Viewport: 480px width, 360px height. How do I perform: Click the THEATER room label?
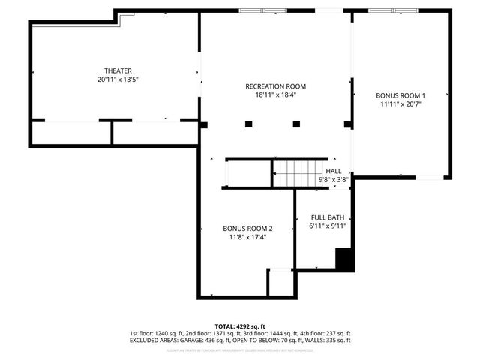pyautogui.click(x=118, y=70)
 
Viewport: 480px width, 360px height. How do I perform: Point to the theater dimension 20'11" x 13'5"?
pyautogui.click(x=118, y=79)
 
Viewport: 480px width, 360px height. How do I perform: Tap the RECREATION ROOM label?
pyautogui.click(x=275, y=86)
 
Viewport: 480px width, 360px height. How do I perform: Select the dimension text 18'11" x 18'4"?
pyautogui.click(x=275, y=94)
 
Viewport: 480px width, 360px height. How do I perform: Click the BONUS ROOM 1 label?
pyautogui.click(x=400, y=96)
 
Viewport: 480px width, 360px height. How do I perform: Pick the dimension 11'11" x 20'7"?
pyautogui.click(x=400, y=104)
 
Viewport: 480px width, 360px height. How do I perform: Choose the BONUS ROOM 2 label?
pyautogui.click(x=247, y=229)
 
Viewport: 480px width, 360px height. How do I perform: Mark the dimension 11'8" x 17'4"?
pyautogui.click(x=247, y=237)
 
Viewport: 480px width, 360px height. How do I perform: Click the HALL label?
pyautogui.click(x=333, y=171)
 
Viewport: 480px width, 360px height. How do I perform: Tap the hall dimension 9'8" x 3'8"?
pyautogui.click(x=333, y=179)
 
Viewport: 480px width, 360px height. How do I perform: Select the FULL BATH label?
pyautogui.click(x=327, y=217)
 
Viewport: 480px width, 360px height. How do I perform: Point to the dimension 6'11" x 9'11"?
pyautogui.click(x=327, y=226)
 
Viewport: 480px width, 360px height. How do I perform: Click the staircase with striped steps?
pyautogui.click(x=299, y=173)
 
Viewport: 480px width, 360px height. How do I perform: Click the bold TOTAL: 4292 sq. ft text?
pyautogui.click(x=240, y=325)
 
